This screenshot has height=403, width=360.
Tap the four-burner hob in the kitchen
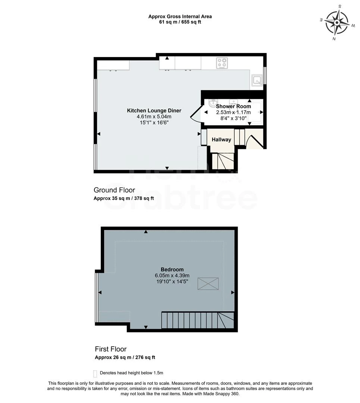tap(222, 63)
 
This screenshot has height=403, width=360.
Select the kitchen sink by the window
tap(257, 80)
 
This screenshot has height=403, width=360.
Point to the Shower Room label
tap(233, 106)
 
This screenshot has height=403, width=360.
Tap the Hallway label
tap(221, 140)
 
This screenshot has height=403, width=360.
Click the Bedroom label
tap(172, 269)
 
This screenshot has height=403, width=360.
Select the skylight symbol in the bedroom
tap(209, 284)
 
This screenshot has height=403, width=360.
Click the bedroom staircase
tap(198, 321)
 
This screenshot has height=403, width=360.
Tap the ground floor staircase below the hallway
tap(223, 161)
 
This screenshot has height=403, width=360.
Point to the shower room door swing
tap(195, 113)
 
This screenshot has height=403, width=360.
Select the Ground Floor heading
tap(114, 190)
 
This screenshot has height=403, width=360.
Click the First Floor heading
tap(111, 349)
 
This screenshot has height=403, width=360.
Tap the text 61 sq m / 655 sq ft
tap(180, 22)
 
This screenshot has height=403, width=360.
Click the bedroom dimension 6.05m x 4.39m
tap(172, 276)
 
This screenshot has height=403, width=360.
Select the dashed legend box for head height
tap(95, 373)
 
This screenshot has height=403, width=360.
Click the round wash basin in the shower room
tap(213, 103)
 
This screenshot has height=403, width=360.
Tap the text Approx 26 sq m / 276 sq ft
tap(125, 357)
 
